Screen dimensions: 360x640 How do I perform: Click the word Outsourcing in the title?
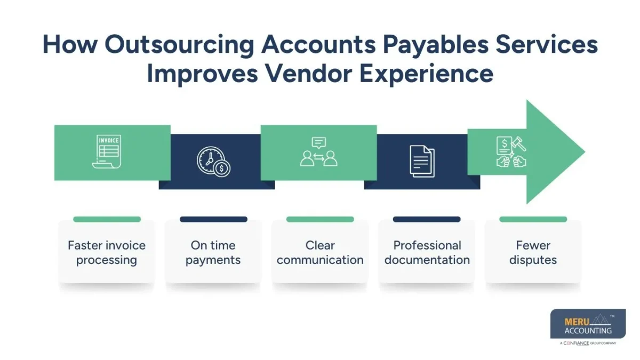point(179,45)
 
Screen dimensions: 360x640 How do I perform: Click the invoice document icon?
point(107,152)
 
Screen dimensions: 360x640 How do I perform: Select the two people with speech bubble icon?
point(319,152)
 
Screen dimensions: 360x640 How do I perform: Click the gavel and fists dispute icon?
point(511,152)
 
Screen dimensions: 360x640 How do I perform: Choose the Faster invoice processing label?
point(107,253)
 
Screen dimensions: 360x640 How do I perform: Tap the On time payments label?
point(213,253)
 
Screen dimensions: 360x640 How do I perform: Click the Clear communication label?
point(320,253)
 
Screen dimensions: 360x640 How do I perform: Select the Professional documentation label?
point(427,253)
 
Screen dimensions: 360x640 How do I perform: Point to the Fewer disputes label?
point(533,253)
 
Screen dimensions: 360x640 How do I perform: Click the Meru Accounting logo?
point(588,324)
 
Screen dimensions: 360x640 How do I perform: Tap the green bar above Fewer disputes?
point(533,219)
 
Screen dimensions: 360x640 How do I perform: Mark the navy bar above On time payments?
point(213,219)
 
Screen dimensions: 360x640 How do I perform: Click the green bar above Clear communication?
point(320,219)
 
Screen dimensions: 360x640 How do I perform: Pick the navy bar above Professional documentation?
point(427,219)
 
